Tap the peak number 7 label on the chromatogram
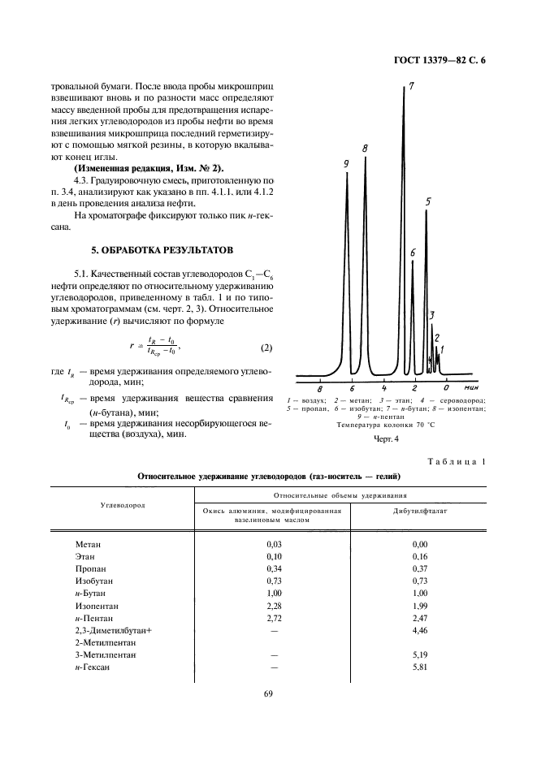[x=412, y=86]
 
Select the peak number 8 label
[x=366, y=149]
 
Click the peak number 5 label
[x=428, y=202]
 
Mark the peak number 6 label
[x=413, y=253]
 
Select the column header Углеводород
[x=122, y=504]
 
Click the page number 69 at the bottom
[x=267, y=693]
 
